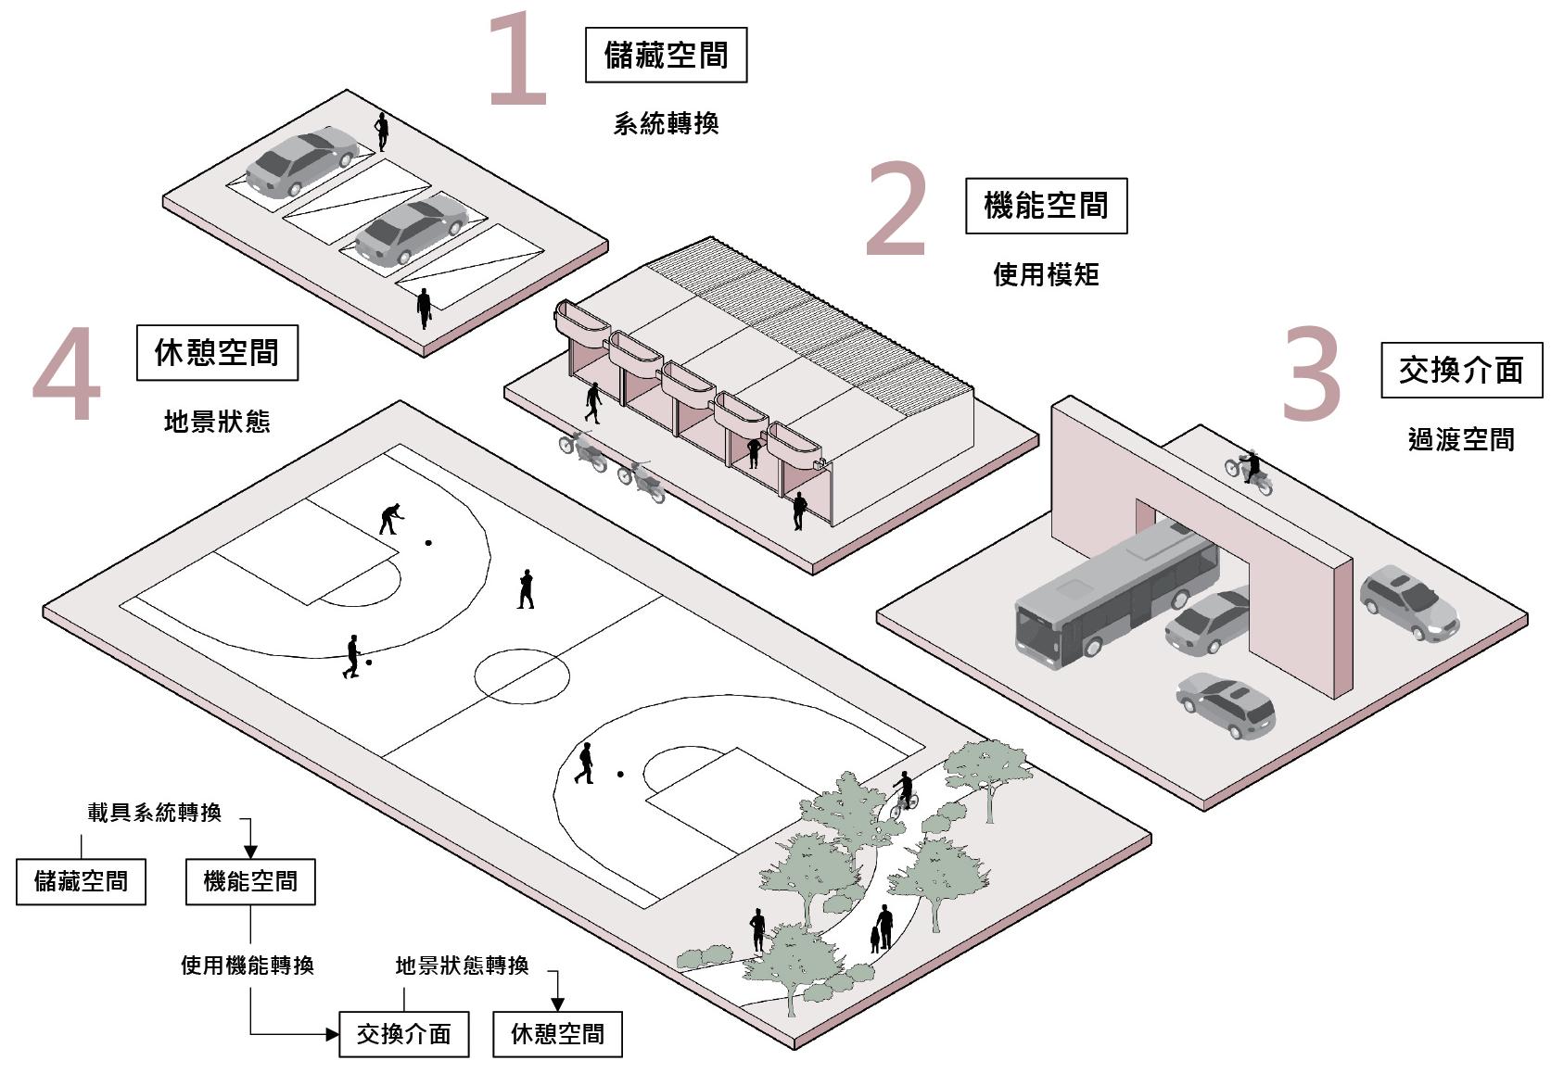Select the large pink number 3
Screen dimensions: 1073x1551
click(x=1311, y=373)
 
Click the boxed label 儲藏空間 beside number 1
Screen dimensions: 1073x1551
click(x=666, y=56)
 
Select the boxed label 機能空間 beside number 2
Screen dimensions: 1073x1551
click(x=1046, y=206)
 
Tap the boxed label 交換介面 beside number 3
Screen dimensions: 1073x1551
click(x=1461, y=371)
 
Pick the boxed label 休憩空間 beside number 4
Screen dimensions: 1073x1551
click(x=217, y=353)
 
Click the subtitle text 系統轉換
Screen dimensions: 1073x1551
click(x=666, y=124)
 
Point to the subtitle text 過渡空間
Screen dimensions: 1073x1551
click(x=1461, y=439)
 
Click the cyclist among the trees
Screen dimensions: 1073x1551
click(x=904, y=795)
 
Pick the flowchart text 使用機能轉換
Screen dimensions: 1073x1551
click(x=248, y=966)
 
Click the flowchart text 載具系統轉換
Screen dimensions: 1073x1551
click(x=155, y=813)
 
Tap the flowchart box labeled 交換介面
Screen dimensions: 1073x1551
click(x=403, y=1034)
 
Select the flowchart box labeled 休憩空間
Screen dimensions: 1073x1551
click(x=557, y=1034)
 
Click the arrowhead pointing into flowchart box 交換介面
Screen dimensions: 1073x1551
click(x=333, y=1034)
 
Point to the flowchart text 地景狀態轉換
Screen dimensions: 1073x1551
click(x=462, y=966)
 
